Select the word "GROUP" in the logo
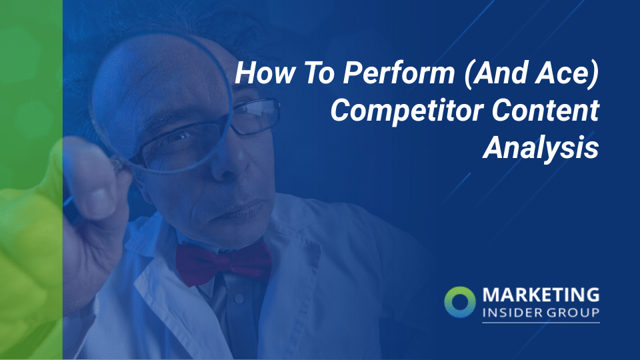[x=574, y=312]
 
